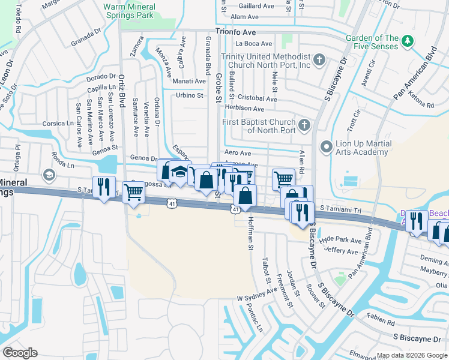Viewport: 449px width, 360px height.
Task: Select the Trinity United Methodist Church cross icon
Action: pos(319,60)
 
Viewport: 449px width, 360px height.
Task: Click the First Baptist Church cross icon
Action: pos(305,125)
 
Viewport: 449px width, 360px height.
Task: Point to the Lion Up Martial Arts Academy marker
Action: pos(326,146)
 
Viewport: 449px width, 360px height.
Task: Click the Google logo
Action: pos(20,353)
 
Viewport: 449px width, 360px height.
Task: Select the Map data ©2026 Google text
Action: pos(411,355)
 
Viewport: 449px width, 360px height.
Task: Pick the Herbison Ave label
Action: pos(244,109)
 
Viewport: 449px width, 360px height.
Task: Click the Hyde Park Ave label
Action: pos(340,240)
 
